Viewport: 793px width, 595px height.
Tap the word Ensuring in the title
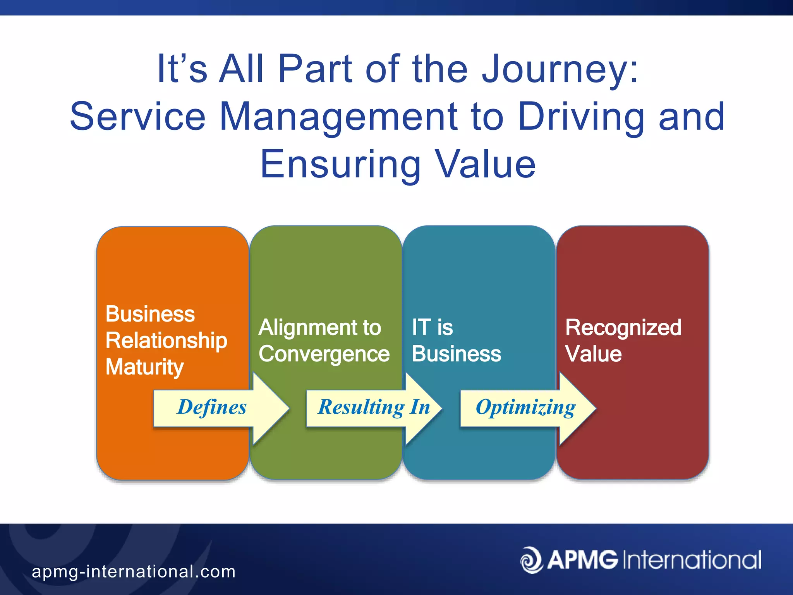pos(340,165)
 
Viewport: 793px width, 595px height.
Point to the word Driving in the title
pos(581,117)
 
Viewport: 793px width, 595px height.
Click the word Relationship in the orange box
pos(166,341)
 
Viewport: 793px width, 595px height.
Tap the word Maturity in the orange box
pos(144,367)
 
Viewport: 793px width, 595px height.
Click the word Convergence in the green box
pos(324,354)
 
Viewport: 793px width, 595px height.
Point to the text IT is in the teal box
pos(432,328)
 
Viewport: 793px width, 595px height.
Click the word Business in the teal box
pos(456,354)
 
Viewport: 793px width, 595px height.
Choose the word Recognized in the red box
pos(623,328)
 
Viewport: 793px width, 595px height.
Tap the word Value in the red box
pos(593,354)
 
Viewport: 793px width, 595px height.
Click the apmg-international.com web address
pos(134,572)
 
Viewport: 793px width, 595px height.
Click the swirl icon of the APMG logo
pos(531,560)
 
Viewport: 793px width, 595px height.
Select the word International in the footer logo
pos(692,560)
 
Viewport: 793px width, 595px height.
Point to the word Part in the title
pos(315,70)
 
